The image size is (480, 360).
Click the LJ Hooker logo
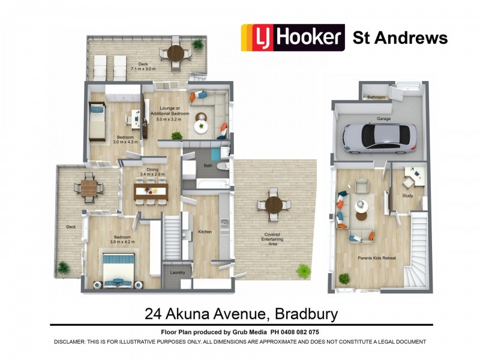(x=292, y=37)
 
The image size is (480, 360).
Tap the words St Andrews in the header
(x=400, y=38)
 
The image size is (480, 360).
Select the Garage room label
(x=383, y=119)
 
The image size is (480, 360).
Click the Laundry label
(x=178, y=272)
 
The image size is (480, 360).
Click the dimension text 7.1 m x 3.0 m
(x=143, y=69)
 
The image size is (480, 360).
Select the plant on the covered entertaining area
(x=304, y=271)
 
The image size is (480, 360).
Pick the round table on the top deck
(x=175, y=52)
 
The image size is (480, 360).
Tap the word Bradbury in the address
(x=306, y=314)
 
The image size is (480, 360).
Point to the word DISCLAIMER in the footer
(x=74, y=341)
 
